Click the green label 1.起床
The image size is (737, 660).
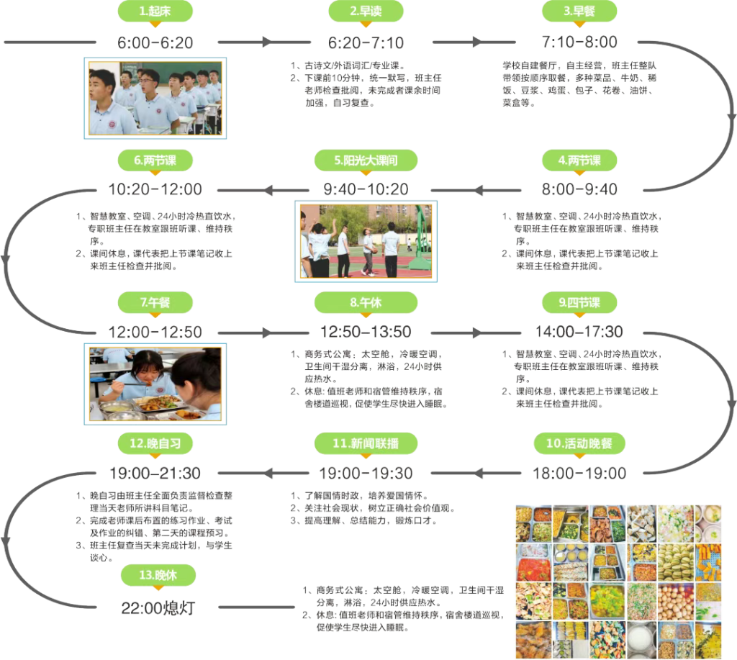click(x=155, y=12)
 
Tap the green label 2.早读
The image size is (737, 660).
click(x=365, y=12)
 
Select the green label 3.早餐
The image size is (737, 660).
click(x=579, y=12)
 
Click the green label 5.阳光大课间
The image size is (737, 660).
click(x=366, y=161)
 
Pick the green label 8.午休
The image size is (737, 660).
click(x=365, y=303)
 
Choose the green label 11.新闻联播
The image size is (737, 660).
click(x=366, y=444)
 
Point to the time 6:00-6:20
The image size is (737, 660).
click(x=155, y=42)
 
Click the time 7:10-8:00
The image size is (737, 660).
click(x=579, y=42)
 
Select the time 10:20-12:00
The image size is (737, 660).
click(x=155, y=190)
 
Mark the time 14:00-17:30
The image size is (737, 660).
click(x=579, y=333)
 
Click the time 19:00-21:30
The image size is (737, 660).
click(x=155, y=474)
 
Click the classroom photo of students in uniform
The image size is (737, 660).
click(x=155, y=96)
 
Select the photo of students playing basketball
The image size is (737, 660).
click(x=366, y=240)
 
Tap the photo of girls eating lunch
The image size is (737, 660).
click(x=155, y=381)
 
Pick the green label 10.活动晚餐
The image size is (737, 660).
click(x=579, y=444)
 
